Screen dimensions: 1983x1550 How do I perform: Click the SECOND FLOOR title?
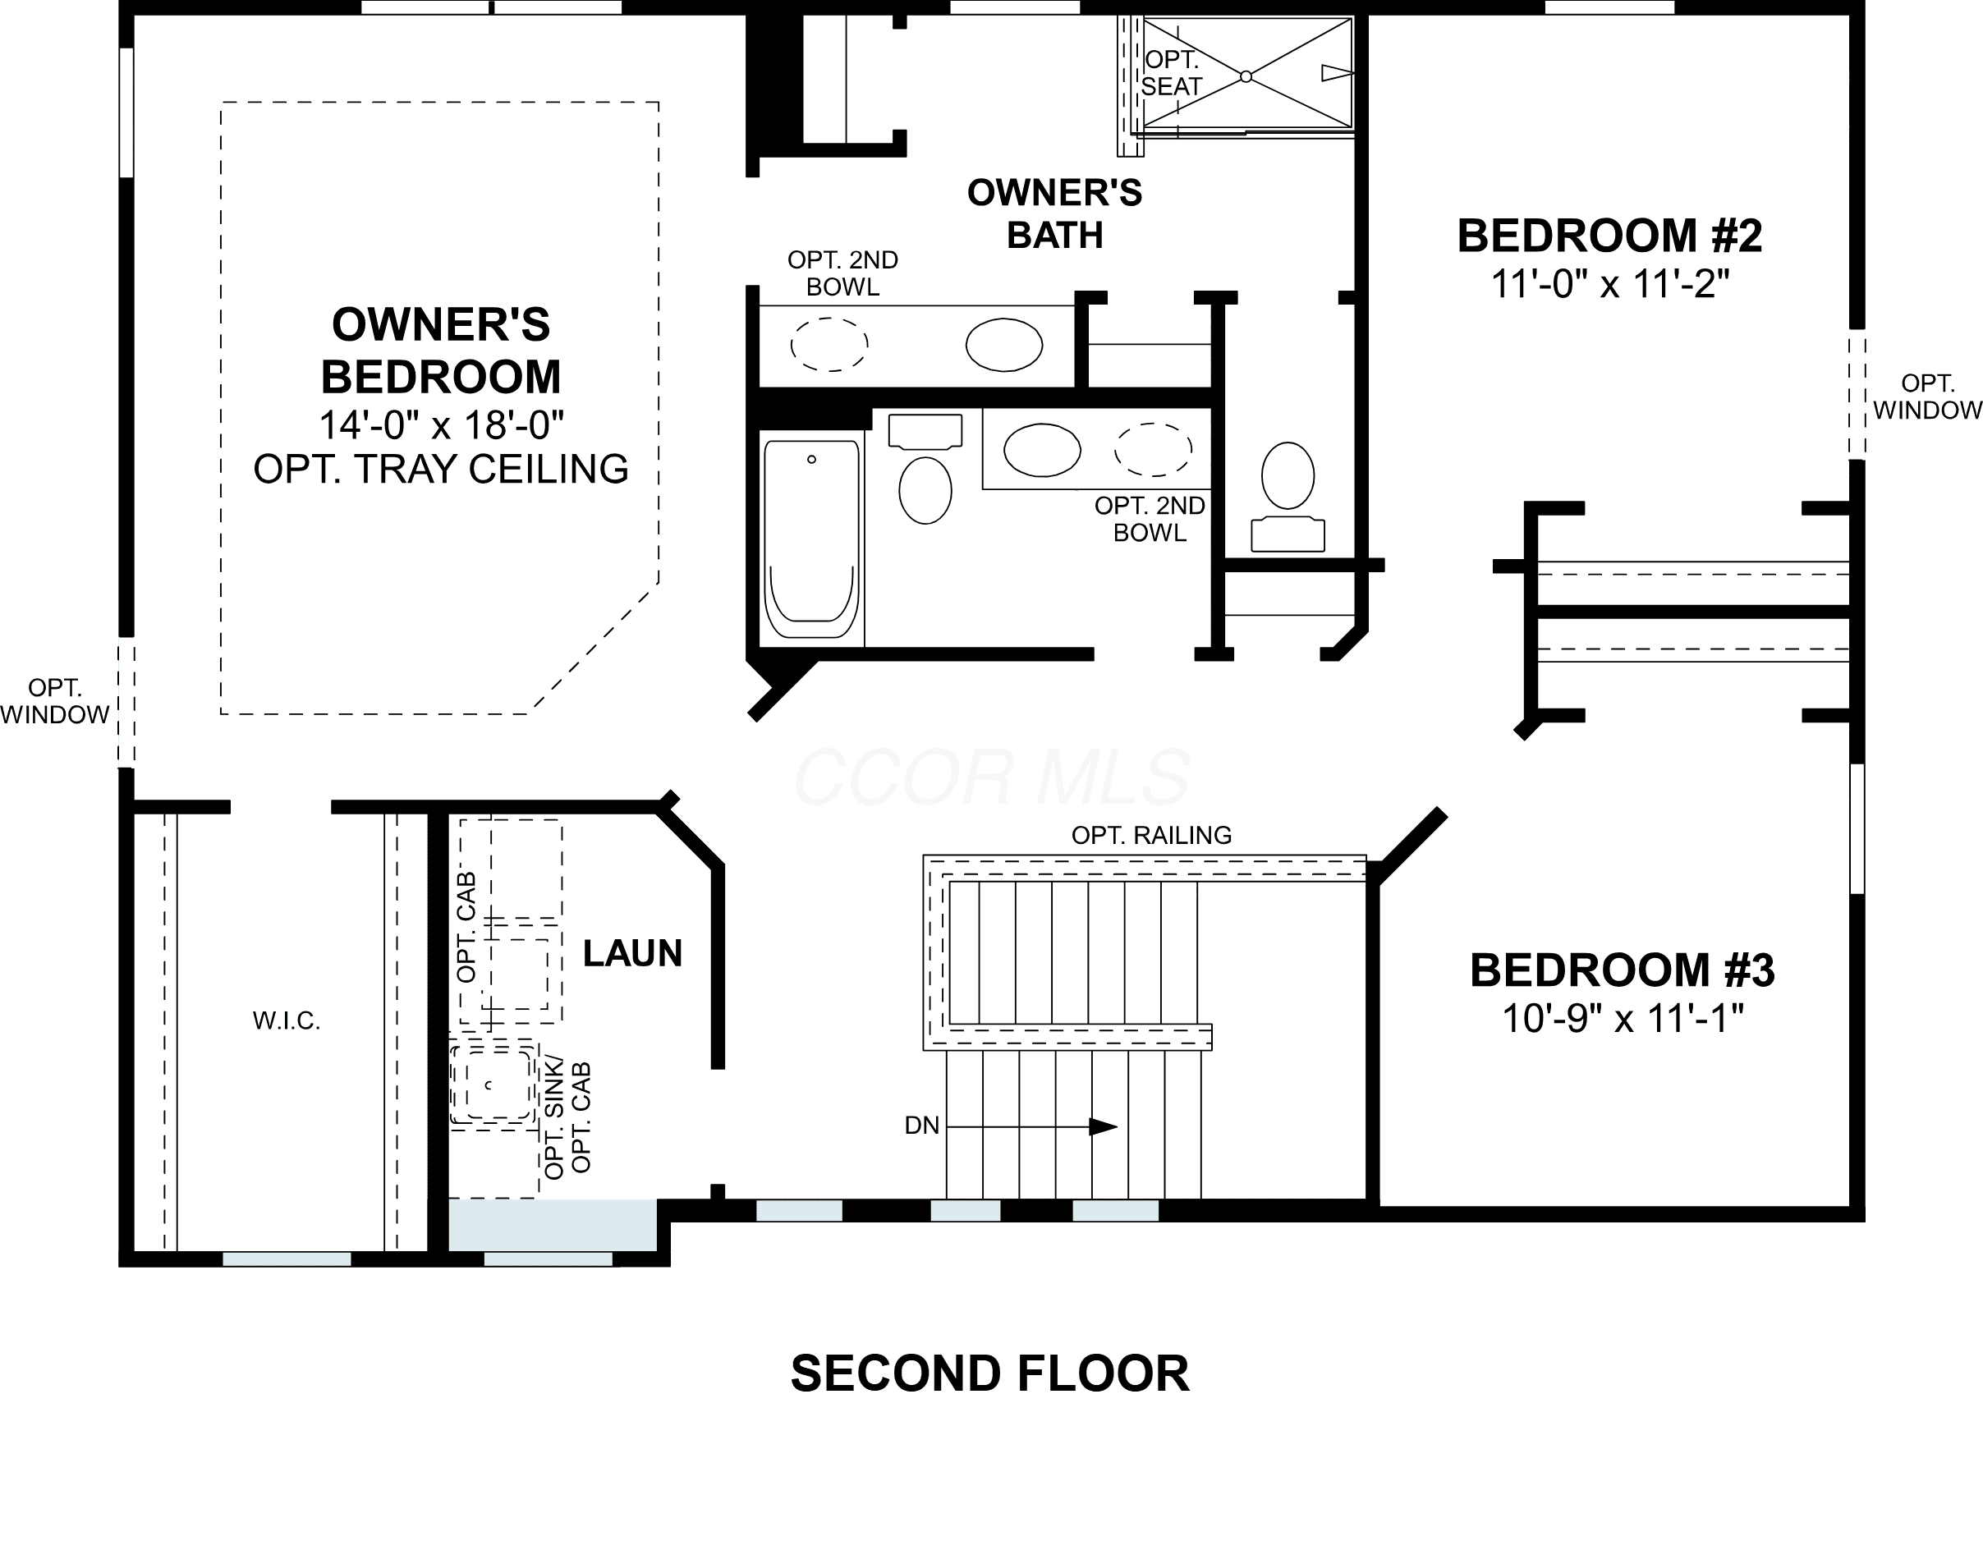point(989,1373)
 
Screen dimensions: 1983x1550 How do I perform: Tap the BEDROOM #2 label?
point(1610,236)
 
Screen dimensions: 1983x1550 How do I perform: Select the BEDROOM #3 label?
point(1623,970)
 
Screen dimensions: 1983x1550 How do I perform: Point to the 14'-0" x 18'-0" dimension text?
point(441,424)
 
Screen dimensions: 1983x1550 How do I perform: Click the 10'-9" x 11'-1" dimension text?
point(1623,1018)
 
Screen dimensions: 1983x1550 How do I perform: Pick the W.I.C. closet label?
point(286,1020)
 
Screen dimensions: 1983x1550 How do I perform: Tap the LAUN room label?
point(632,953)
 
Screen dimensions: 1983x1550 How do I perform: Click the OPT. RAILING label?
point(1151,834)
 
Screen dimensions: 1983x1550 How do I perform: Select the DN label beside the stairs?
point(921,1126)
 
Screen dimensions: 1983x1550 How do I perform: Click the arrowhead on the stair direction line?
point(1104,1127)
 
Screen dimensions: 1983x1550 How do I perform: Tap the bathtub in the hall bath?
point(812,540)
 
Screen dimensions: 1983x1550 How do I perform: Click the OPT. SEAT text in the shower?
point(1171,72)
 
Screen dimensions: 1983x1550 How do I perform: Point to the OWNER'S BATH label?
point(1054,214)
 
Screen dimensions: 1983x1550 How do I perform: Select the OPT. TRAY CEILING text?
point(441,469)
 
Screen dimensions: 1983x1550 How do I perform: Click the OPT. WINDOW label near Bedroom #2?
point(1926,397)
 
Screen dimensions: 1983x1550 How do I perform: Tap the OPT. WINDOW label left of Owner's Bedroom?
point(54,701)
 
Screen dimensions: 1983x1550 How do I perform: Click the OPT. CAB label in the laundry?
point(466,926)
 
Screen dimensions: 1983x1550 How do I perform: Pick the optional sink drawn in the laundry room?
point(490,1085)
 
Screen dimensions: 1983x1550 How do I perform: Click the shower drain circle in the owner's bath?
point(1246,76)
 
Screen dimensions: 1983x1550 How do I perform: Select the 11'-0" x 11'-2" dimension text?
point(1610,284)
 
